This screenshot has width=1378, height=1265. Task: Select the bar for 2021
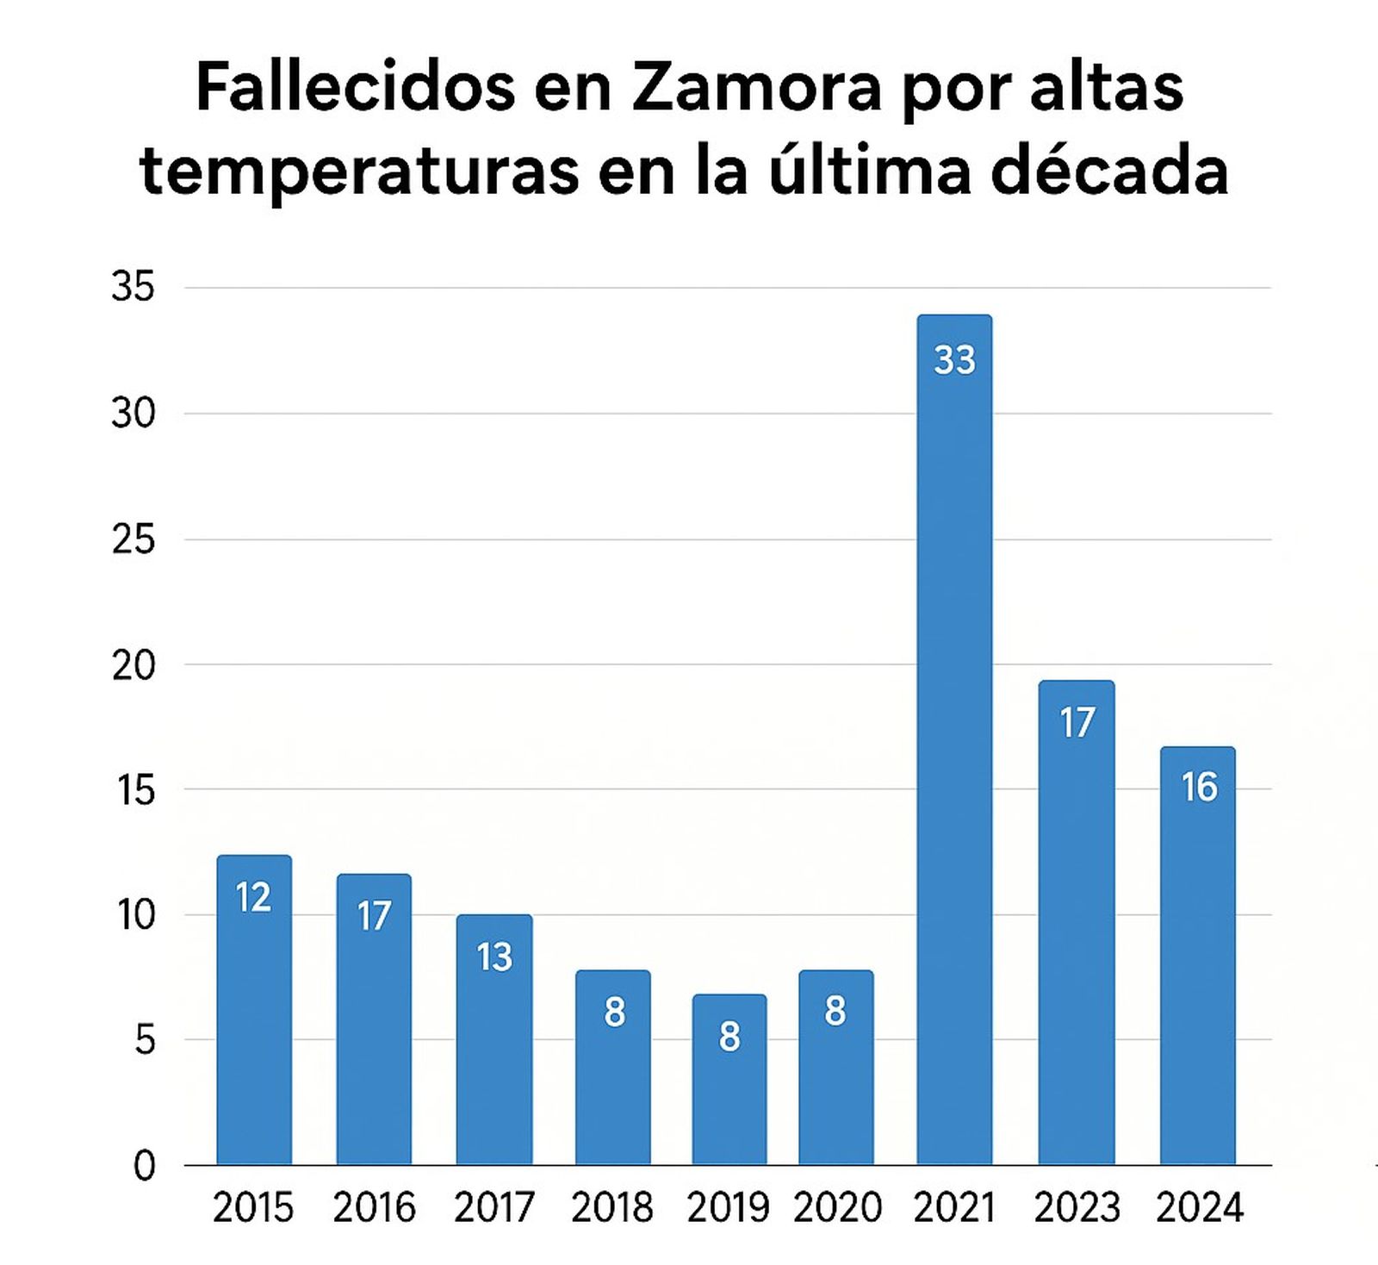954,741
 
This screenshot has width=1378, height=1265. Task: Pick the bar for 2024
1197,957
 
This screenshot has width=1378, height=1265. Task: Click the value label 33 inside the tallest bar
954,360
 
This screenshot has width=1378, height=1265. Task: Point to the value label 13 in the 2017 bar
494,957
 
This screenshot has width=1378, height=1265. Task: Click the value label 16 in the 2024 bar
1199,788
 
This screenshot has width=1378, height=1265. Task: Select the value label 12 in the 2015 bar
253,898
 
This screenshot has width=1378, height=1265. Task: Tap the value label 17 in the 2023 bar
1077,723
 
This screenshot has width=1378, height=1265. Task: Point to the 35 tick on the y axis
133,288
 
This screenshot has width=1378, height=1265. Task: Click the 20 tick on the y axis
133,665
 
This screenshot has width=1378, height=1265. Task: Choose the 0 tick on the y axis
144,1167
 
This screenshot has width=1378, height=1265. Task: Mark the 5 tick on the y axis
144,1041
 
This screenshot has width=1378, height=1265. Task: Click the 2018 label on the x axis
612,1208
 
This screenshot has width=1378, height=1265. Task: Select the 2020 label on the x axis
837,1208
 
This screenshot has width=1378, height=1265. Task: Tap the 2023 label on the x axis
1077,1208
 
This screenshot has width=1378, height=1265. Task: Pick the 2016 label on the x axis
374,1208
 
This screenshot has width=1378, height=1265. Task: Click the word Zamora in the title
756,89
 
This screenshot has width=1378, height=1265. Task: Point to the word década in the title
1109,170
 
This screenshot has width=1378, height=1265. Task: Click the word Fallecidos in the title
355,89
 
